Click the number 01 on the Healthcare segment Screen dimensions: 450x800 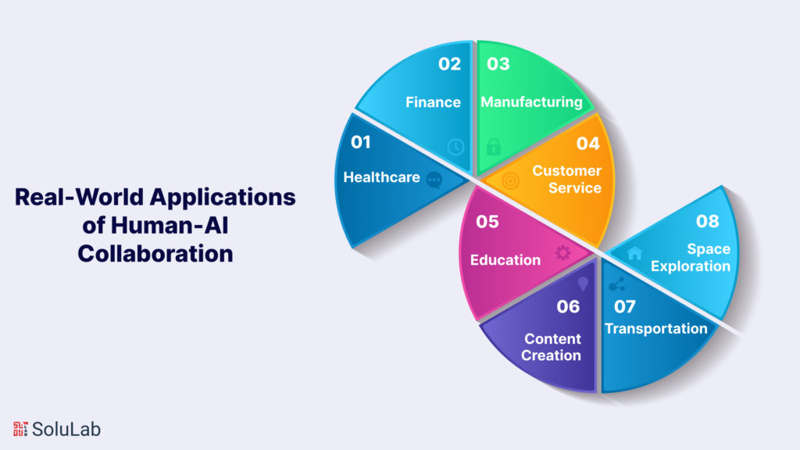[360, 142]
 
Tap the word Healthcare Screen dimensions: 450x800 [381, 177]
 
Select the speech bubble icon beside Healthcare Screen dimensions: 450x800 [434, 180]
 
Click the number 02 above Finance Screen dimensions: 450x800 [449, 64]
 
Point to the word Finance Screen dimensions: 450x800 [433, 102]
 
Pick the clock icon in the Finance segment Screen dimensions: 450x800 [455, 146]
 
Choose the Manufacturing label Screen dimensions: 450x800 [531, 102]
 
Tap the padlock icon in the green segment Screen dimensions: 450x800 [493, 146]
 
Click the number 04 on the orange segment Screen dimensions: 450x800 [587, 143]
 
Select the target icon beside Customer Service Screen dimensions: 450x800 [509, 180]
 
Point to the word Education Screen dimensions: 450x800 [505, 259]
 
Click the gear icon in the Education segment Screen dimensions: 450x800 [562, 252]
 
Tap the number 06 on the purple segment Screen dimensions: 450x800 [568, 306]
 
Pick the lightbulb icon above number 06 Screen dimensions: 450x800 [582, 283]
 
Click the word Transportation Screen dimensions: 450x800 [655, 328]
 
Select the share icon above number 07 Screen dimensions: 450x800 [616, 284]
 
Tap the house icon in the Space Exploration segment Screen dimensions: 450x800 [634, 253]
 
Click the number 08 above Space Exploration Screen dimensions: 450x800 [707, 221]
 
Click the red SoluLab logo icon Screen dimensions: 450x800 [20, 428]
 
